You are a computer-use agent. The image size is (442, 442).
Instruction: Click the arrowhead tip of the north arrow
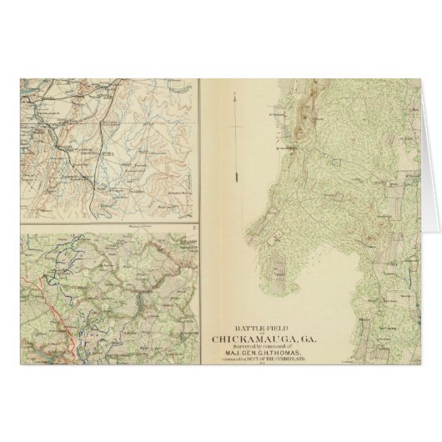237,94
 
